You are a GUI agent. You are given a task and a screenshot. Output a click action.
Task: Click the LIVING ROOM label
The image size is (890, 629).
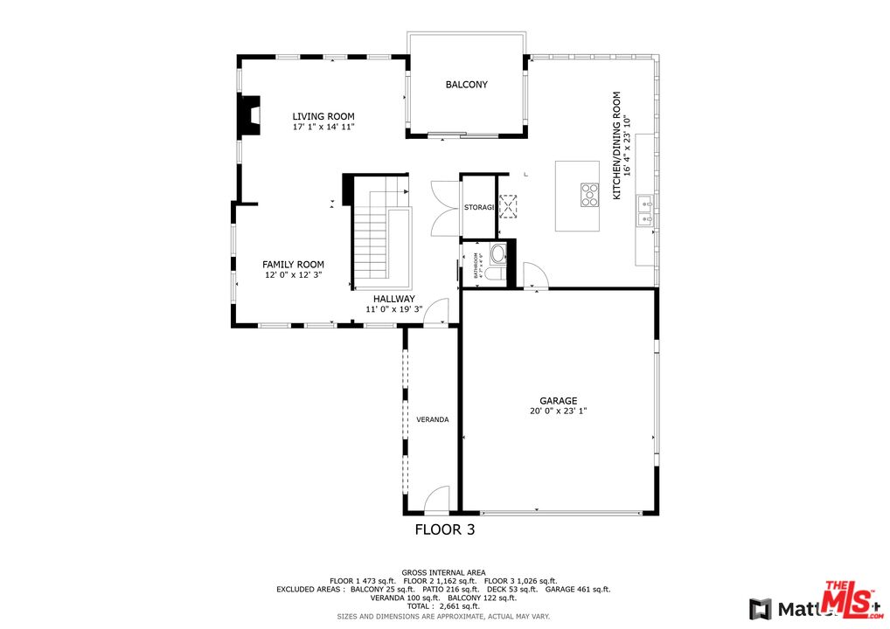(x=323, y=116)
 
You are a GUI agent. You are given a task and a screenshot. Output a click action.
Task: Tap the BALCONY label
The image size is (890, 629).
(x=466, y=85)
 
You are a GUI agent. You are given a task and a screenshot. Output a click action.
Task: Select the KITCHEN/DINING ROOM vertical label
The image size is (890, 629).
(x=616, y=146)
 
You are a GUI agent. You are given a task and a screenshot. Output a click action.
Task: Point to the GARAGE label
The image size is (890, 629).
(x=558, y=401)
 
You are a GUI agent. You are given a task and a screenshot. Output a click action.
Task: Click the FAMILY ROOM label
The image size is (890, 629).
(x=293, y=265)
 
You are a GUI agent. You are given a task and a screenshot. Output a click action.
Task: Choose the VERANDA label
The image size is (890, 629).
(x=432, y=419)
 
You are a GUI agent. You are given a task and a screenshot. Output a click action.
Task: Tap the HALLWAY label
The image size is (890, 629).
(x=393, y=299)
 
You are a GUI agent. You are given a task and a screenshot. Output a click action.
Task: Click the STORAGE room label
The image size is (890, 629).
(x=479, y=207)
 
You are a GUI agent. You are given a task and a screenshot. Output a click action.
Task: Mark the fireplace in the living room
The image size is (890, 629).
(x=249, y=114)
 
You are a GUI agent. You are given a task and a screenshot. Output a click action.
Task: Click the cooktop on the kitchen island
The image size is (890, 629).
(x=589, y=194)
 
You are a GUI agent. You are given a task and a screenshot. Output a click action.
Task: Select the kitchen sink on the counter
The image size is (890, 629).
(x=645, y=211)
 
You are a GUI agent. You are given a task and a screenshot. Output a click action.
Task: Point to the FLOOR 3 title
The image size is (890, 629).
(x=444, y=529)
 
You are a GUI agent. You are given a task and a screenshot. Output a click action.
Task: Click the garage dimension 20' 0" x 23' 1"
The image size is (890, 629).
(x=558, y=411)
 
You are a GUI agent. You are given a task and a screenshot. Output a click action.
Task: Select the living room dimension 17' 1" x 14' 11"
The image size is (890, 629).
(x=323, y=128)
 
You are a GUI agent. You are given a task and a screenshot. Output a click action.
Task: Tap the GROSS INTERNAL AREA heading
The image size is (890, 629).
(x=443, y=572)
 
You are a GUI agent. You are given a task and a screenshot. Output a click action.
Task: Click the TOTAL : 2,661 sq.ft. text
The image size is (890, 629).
(x=443, y=606)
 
